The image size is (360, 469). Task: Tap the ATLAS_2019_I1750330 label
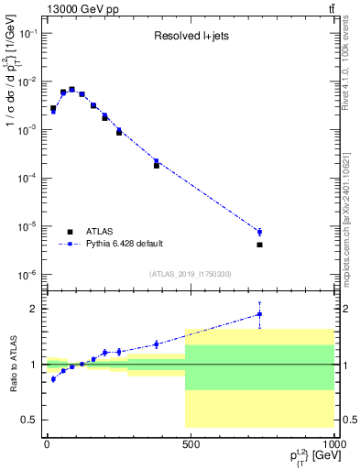(x=190, y=274)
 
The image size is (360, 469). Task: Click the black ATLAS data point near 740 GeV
(x=260, y=245)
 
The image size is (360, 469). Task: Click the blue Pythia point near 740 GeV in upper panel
(x=260, y=232)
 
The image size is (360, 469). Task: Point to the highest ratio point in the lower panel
(x=260, y=314)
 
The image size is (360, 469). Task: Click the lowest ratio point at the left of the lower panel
(x=53, y=378)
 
